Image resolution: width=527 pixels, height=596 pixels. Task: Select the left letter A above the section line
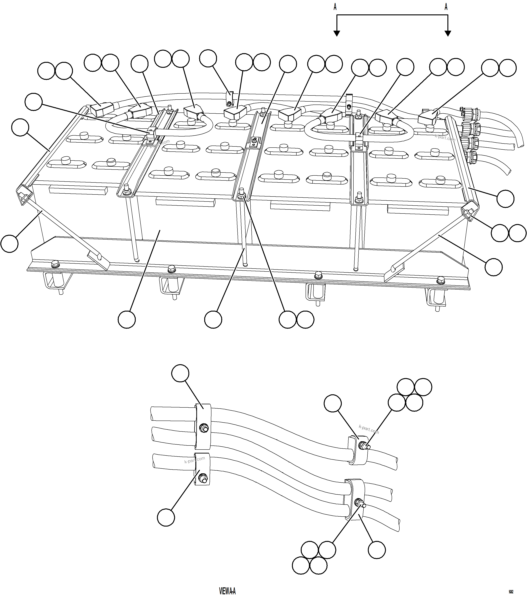coord(335,7)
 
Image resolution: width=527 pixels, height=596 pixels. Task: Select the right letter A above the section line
coord(446,7)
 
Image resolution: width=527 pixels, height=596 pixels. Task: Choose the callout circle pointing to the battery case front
coord(127,320)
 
